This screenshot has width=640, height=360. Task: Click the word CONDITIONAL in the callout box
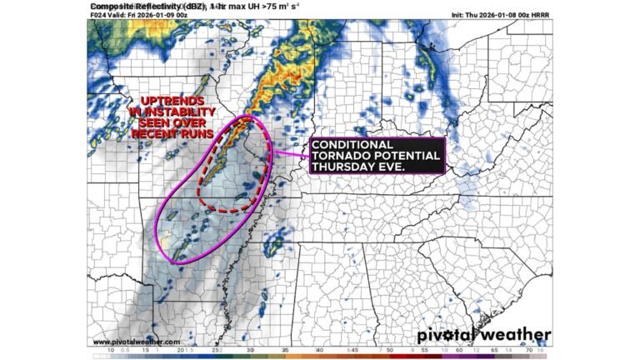[351, 145]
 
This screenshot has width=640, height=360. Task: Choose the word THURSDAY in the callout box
[343, 167]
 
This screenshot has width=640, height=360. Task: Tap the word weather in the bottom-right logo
[517, 335]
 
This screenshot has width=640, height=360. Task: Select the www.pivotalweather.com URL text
[136, 341]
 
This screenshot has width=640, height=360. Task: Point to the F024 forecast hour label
[98, 15]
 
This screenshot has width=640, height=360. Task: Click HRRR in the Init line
[540, 15]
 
